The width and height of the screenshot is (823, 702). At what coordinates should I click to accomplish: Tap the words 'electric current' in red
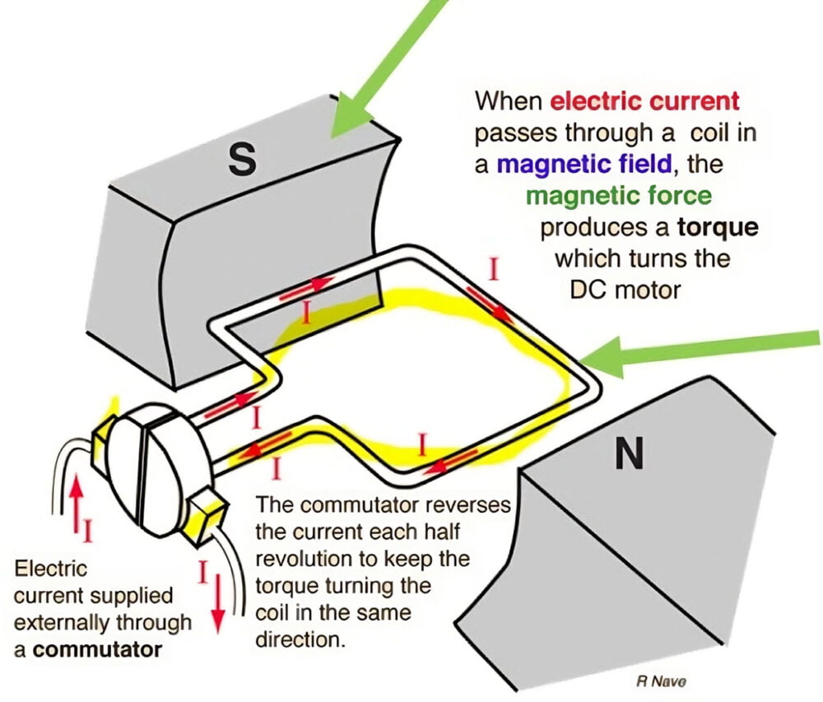pos(644,101)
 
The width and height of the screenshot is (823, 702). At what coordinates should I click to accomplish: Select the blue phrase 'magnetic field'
pos(584,164)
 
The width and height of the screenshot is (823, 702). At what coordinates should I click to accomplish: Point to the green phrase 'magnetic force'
pos(618,196)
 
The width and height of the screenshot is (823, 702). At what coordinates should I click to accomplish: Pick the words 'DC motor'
pos(625,290)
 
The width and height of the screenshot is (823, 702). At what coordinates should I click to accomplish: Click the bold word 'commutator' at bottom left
pos(100,649)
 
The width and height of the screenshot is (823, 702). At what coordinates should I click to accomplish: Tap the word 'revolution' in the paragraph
pos(300,559)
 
